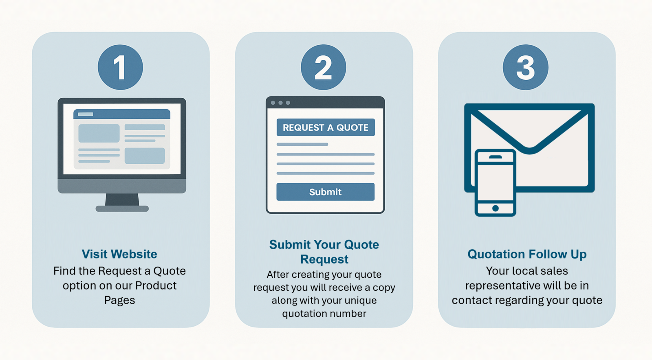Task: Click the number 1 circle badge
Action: (x=120, y=67)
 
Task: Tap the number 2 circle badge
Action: (x=324, y=67)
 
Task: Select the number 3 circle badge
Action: (x=525, y=67)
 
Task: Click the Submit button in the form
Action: (x=326, y=192)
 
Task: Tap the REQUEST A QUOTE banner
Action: (x=326, y=127)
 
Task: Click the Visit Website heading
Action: (x=119, y=254)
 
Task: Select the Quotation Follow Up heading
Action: (x=527, y=254)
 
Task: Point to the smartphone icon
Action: (x=496, y=182)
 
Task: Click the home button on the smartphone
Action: (x=496, y=208)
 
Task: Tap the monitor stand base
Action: (x=122, y=209)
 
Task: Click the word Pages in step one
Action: (x=119, y=300)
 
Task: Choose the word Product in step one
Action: (x=156, y=285)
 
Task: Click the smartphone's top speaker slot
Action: (x=496, y=157)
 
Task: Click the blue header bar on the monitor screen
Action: (x=122, y=114)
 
